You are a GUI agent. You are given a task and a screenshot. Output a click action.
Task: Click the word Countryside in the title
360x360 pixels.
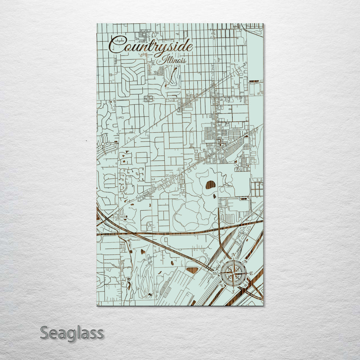coord(151,46)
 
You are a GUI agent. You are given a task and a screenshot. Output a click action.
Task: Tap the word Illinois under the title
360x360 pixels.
coord(174,60)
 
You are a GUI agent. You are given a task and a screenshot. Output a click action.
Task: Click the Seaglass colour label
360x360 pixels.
coord(72,333)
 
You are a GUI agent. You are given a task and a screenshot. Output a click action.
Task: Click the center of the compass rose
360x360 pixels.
coord(233,273)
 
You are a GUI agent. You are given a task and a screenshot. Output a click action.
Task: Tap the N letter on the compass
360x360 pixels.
coord(234,255)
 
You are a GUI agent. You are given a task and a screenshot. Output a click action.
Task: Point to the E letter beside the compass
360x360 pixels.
coord(251,273)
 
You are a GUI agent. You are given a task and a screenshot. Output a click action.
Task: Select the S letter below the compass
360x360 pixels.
coord(233,291)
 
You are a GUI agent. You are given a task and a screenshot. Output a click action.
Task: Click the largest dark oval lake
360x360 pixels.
coord(210,185)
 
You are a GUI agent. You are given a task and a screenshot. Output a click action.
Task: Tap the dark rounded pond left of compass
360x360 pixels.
coord(192,270)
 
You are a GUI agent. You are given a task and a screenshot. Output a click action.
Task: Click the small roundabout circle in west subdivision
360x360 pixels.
coord(103,144)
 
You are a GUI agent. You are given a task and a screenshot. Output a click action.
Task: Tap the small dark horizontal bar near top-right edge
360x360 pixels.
coord(254,81)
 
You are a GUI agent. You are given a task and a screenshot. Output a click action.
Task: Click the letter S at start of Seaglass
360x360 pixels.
coord(45,333)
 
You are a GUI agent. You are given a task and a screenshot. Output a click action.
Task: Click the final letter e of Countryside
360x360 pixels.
coord(190,46)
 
